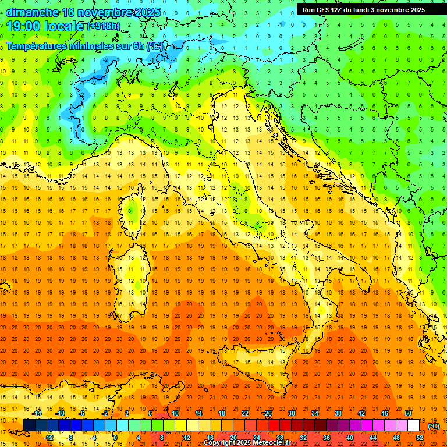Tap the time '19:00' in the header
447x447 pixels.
pos(23,26)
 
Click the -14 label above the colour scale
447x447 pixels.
pos(37,413)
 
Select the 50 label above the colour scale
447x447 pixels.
pos(408,413)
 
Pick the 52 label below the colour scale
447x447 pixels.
pos(420,437)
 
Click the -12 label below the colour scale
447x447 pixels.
pos(48,437)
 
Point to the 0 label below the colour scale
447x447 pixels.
pos(115,437)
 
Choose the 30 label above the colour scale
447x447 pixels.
pos(292,413)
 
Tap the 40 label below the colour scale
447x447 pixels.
pos(350,437)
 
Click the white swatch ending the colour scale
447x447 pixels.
pos(414,425)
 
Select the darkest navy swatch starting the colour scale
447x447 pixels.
pos(29,425)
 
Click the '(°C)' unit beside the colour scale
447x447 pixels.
pos(434,425)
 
